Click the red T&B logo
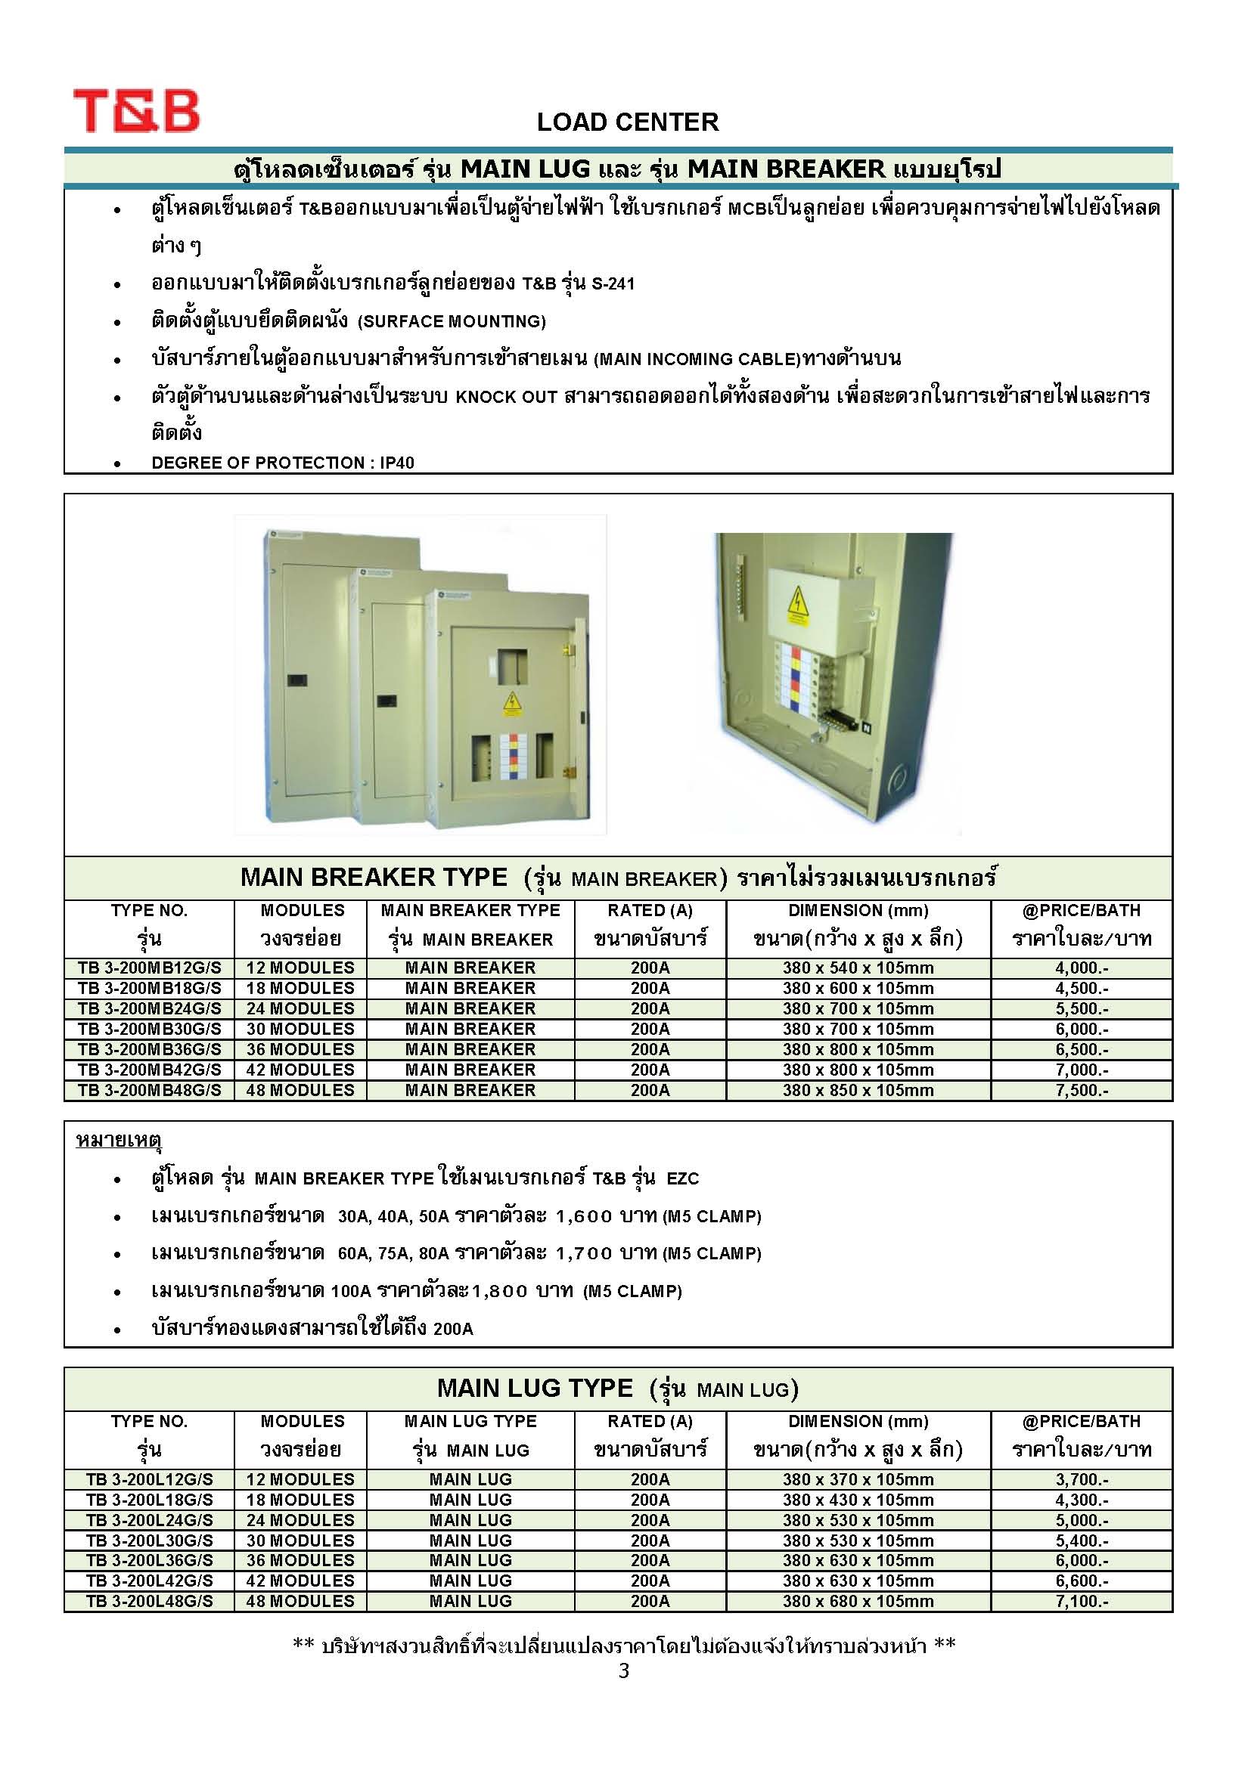[136, 111]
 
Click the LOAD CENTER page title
[627, 122]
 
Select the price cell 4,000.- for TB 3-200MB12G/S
[1081, 968]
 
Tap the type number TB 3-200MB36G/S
[150, 1050]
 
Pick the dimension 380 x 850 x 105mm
[858, 1091]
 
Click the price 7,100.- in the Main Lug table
[1081, 1602]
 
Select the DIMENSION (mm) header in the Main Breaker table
[858, 910]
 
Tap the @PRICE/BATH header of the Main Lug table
[1081, 1422]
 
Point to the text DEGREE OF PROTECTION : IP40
[283, 463]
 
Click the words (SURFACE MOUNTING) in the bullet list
[452, 322]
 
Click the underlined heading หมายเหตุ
[118, 1140]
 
